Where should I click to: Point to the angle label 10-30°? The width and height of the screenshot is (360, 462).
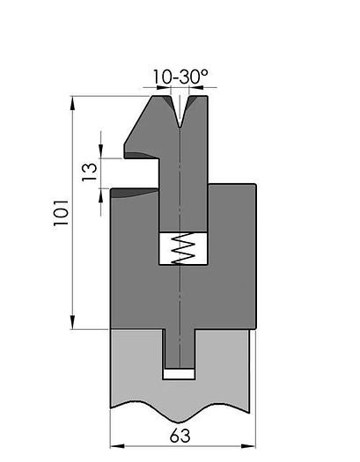click(x=180, y=77)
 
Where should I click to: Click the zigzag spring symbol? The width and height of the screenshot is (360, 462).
click(x=180, y=248)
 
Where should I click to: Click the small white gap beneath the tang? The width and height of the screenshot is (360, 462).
click(x=180, y=374)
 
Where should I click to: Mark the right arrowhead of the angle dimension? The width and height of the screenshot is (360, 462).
click(x=195, y=89)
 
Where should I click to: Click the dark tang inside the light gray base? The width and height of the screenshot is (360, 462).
click(x=180, y=348)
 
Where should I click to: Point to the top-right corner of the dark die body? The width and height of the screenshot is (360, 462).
click(x=256, y=184)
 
